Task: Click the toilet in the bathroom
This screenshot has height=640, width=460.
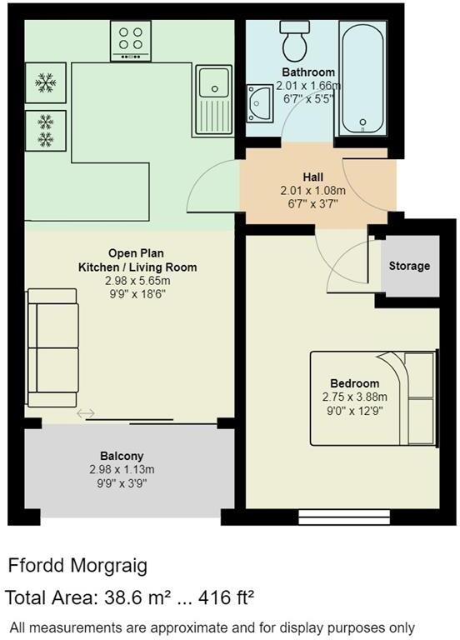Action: tap(294, 38)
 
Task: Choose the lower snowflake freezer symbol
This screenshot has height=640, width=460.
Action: tap(45, 128)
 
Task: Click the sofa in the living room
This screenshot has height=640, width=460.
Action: tap(52, 342)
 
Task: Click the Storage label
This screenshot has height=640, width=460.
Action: tap(410, 266)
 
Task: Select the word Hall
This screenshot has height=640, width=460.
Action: tap(313, 177)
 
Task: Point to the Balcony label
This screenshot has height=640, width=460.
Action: tap(122, 456)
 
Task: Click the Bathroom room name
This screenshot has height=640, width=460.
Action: tap(308, 72)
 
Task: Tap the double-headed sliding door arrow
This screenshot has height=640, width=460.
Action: tap(86, 413)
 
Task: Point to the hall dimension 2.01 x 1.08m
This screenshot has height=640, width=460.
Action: tap(313, 191)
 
